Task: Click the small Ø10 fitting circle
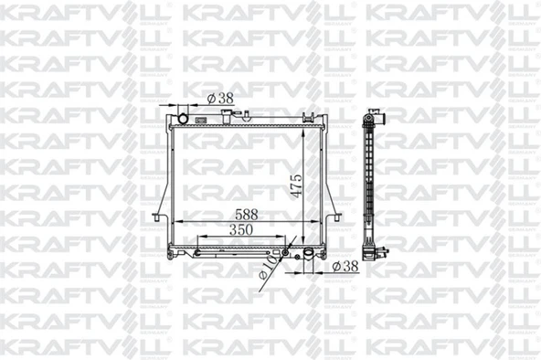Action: point(285,253)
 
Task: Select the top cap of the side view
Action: point(373,116)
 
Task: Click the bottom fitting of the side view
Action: point(373,255)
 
